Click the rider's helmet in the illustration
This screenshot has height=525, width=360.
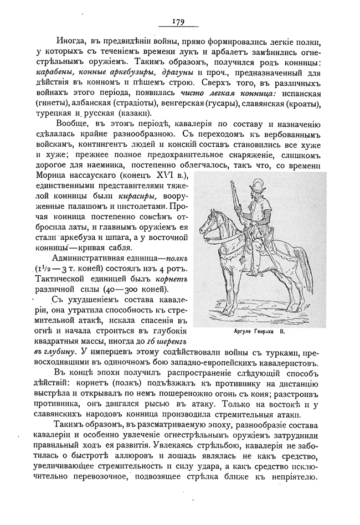click(256, 187)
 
